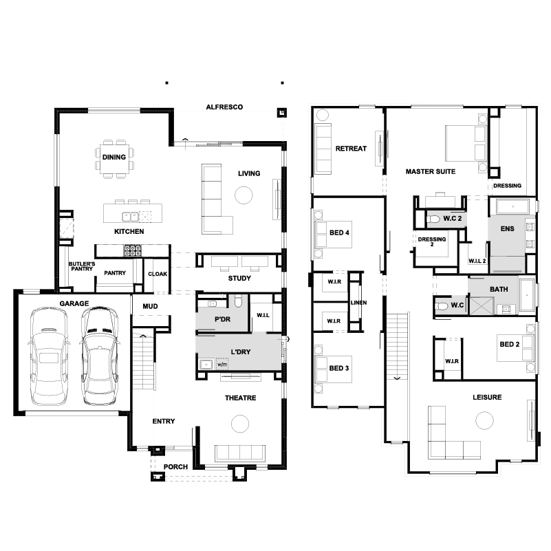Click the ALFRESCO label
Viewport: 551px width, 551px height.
[224, 107]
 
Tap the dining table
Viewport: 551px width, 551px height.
[114, 159]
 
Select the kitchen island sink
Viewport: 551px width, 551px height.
[131, 217]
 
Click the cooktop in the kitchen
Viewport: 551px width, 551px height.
[133, 250]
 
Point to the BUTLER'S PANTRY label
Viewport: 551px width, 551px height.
[82, 266]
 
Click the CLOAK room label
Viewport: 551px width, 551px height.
[158, 274]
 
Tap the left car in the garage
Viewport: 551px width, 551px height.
[48, 356]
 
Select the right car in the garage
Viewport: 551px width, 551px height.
[100, 356]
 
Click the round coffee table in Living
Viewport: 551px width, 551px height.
[244, 195]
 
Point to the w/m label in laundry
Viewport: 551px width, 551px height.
[222, 365]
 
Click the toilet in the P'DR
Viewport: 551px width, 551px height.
[238, 301]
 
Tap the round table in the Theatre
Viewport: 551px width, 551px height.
[240, 424]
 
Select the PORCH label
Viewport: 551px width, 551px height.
[175, 467]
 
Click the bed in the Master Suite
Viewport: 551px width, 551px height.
[466, 143]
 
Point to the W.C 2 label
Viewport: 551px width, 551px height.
[452, 219]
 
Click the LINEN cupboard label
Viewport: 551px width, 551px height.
[358, 303]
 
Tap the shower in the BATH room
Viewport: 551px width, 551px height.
[482, 305]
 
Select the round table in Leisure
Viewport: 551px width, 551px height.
[484, 420]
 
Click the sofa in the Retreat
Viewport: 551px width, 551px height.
[323, 149]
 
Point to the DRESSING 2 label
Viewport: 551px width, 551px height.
[432, 241]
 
